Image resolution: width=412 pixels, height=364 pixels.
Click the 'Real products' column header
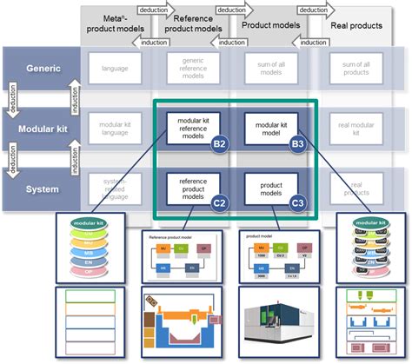[x=356, y=25]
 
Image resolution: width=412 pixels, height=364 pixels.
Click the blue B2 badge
[x=221, y=144]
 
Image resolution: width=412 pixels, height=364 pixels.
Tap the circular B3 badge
[x=297, y=144]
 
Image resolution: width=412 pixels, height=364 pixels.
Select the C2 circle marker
[x=221, y=203]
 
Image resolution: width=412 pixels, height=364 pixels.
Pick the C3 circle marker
[x=297, y=203]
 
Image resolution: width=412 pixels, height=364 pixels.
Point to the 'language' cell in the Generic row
[x=116, y=68]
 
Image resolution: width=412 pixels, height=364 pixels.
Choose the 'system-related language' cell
[x=116, y=187]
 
